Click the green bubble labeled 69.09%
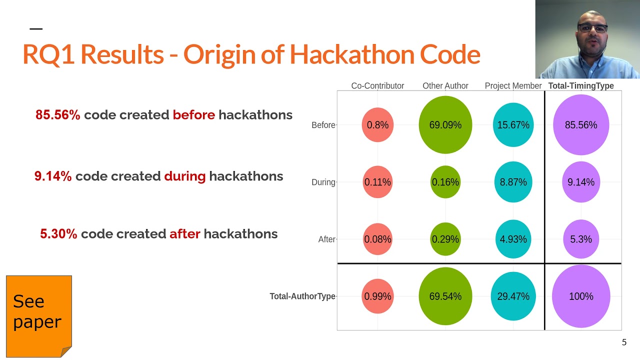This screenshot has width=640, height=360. pyautogui.click(x=445, y=125)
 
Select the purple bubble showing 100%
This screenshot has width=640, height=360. pyautogui.click(x=581, y=296)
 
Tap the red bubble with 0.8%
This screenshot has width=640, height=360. pyautogui.click(x=377, y=125)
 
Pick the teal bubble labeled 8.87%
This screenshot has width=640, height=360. pyautogui.click(x=513, y=182)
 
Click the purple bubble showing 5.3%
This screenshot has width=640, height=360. pyautogui.click(x=581, y=239)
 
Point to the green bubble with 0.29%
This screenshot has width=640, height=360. pyautogui.click(x=445, y=239)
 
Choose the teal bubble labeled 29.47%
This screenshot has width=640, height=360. pyautogui.click(x=513, y=296)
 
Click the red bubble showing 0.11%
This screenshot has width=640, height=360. pyautogui.click(x=377, y=182)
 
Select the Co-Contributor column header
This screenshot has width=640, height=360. pyautogui.click(x=377, y=86)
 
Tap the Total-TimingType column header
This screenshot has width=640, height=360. pyautogui.click(x=581, y=86)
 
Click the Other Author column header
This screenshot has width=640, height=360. pyautogui.click(x=445, y=86)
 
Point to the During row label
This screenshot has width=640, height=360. pyautogui.click(x=323, y=182)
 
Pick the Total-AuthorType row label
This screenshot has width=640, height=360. pyautogui.click(x=302, y=296)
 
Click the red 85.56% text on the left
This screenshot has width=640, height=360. pyautogui.click(x=57, y=115)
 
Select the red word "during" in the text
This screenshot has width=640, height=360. pyautogui.click(x=184, y=176)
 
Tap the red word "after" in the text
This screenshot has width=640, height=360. pyautogui.click(x=184, y=234)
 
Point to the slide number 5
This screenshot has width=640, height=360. pyautogui.click(x=624, y=342)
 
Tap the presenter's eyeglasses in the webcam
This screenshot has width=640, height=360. pyautogui.click(x=592, y=28)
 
